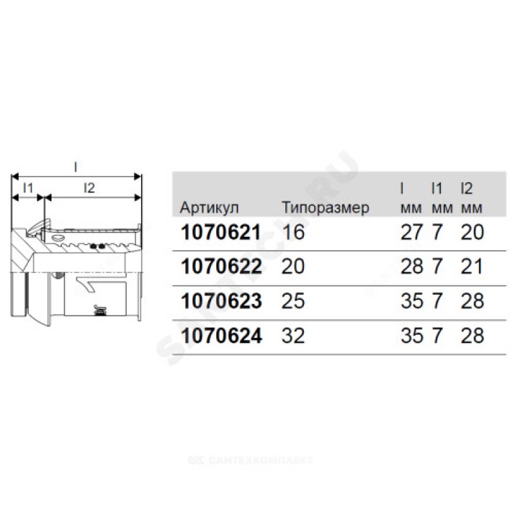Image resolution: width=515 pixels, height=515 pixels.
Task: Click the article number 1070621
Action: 221,232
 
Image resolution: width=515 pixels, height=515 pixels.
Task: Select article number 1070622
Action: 221,267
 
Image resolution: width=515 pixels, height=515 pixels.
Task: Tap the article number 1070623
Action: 221,301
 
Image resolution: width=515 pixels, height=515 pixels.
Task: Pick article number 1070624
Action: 221,335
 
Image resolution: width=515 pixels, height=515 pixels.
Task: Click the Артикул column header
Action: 209,208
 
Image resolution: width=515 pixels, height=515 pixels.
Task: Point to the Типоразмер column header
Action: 326,208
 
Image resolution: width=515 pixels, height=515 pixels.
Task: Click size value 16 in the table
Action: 294,232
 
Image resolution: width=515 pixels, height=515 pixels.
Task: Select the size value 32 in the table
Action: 293,335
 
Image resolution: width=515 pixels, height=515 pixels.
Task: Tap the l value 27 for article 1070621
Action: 411,232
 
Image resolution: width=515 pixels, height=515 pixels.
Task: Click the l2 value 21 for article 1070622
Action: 472,267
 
